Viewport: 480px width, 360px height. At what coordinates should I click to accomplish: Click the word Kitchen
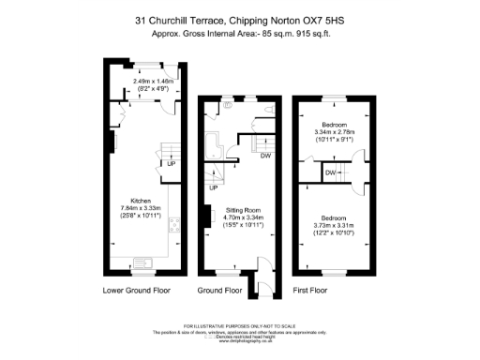[142, 201]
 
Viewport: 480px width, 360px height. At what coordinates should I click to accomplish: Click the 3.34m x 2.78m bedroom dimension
[334, 132]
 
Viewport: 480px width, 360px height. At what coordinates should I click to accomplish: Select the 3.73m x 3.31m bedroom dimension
[333, 218]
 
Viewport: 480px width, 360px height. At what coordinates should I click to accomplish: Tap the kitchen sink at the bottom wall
[126, 262]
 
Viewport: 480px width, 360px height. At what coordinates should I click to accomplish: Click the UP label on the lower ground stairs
[172, 166]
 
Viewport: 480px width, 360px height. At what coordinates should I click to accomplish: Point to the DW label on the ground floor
[265, 157]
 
